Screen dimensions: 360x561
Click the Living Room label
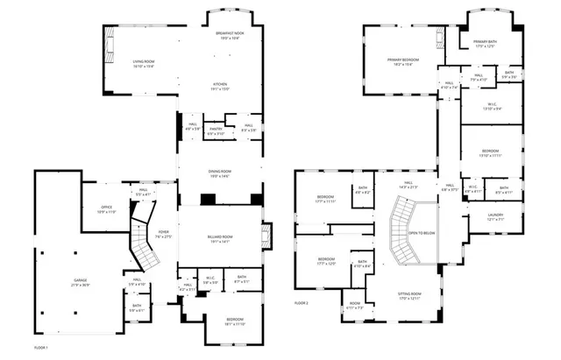click(x=144, y=63)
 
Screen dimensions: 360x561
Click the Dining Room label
click(x=220, y=173)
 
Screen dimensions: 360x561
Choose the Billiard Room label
click(x=221, y=238)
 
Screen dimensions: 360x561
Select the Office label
click(x=105, y=209)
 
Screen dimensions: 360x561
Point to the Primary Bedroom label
click(x=403, y=61)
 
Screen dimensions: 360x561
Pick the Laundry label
click(x=495, y=216)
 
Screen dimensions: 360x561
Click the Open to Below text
click(x=423, y=233)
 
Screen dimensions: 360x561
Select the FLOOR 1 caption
click(x=40, y=348)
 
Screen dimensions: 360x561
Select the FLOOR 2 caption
click(x=302, y=303)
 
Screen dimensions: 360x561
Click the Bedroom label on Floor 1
click(x=235, y=321)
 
